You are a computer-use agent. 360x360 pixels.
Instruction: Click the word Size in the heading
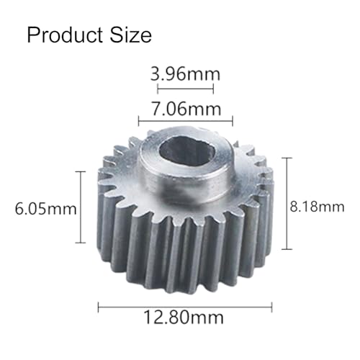click(131, 35)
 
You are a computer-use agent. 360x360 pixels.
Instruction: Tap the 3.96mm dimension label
click(185, 73)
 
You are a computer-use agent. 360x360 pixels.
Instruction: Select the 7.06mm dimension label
click(186, 109)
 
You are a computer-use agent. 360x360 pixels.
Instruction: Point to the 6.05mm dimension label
click(45, 209)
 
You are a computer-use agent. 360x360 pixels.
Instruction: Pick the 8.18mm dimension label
click(317, 207)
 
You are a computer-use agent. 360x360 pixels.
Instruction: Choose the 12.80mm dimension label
click(184, 318)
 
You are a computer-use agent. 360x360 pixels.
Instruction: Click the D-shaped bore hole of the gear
click(186, 152)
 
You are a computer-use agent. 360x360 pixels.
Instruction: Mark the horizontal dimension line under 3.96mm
click(185, 89)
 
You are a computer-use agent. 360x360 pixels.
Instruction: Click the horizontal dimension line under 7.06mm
click(186, 122)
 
